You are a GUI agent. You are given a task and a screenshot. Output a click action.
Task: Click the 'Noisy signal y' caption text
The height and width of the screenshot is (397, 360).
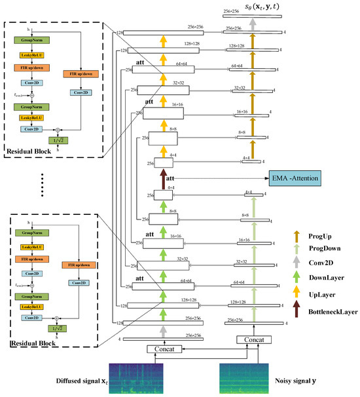251,392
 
